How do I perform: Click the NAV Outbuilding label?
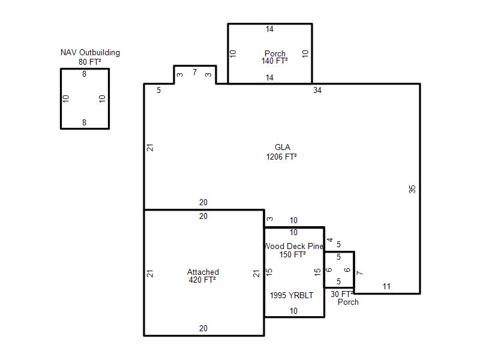pyautogui.click(x=90, y=53)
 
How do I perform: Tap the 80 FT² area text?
pyautogui.click(x=89, y=62)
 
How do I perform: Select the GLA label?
pyautogui.click(x=282, y=147)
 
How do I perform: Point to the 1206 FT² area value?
pyautogui.click(x=281, y=157)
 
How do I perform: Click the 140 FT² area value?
pyautogui.click(x=274, y=61)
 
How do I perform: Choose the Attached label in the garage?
pyautogui.click(x=203, y=272)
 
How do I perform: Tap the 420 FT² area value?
pyautogui.click(x=202, y=280)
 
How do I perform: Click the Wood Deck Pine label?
pyautogui.click(x=293, y=246)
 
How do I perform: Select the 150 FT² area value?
pyautogui.click(x=292, y=254)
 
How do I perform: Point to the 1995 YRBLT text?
pyautogui.click(x=292, y=295)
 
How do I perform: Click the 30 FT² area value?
pyautogui.click(x=341, y=294)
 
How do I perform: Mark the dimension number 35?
pyautogui.click(x=412, y=189)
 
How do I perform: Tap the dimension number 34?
pyautogui.click(x=317, y=91)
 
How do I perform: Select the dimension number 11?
pyautogui.click(x=386, y=287)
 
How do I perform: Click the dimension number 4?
pyautogui.click(x=330, y=240)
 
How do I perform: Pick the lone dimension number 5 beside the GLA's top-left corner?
pyautogui.click(x=158, y=91)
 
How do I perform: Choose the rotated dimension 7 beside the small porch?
pyautogui.click(x=360, y=272)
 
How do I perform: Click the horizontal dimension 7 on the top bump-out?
pyautogui.click(x=194, y=72)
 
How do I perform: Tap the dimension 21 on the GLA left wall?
pyautogui.click(x=150, y=148)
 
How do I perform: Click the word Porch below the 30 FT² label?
pyautogui.click(x=348, y=302)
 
